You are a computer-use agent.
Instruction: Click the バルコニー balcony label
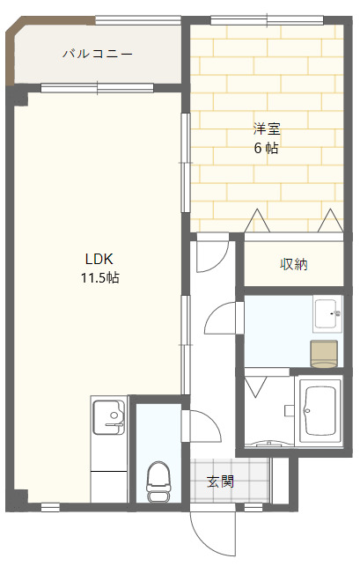pyautogui.click(x=98, y=55)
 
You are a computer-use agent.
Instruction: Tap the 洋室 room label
pyautogui.click(x=267, y=129)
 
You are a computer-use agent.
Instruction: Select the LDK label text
pyautogui.click(x=99, y=259)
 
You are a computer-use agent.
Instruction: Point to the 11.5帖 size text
pyautogui.click(x=99, y=278)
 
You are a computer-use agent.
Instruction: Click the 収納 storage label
pyautogui.click(x=294, y=264)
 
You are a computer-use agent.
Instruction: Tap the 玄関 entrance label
pyautogui.click(x=220, y=481)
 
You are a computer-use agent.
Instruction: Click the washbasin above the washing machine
pyautogui.click(x=327, y=312)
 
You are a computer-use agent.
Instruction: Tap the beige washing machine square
pyautogui.click(x=324, y=354)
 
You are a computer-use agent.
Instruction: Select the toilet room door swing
pyautogui.click(x=201, y=426)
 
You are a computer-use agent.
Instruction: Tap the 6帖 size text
pyautogui.click(x=267, y=149)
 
